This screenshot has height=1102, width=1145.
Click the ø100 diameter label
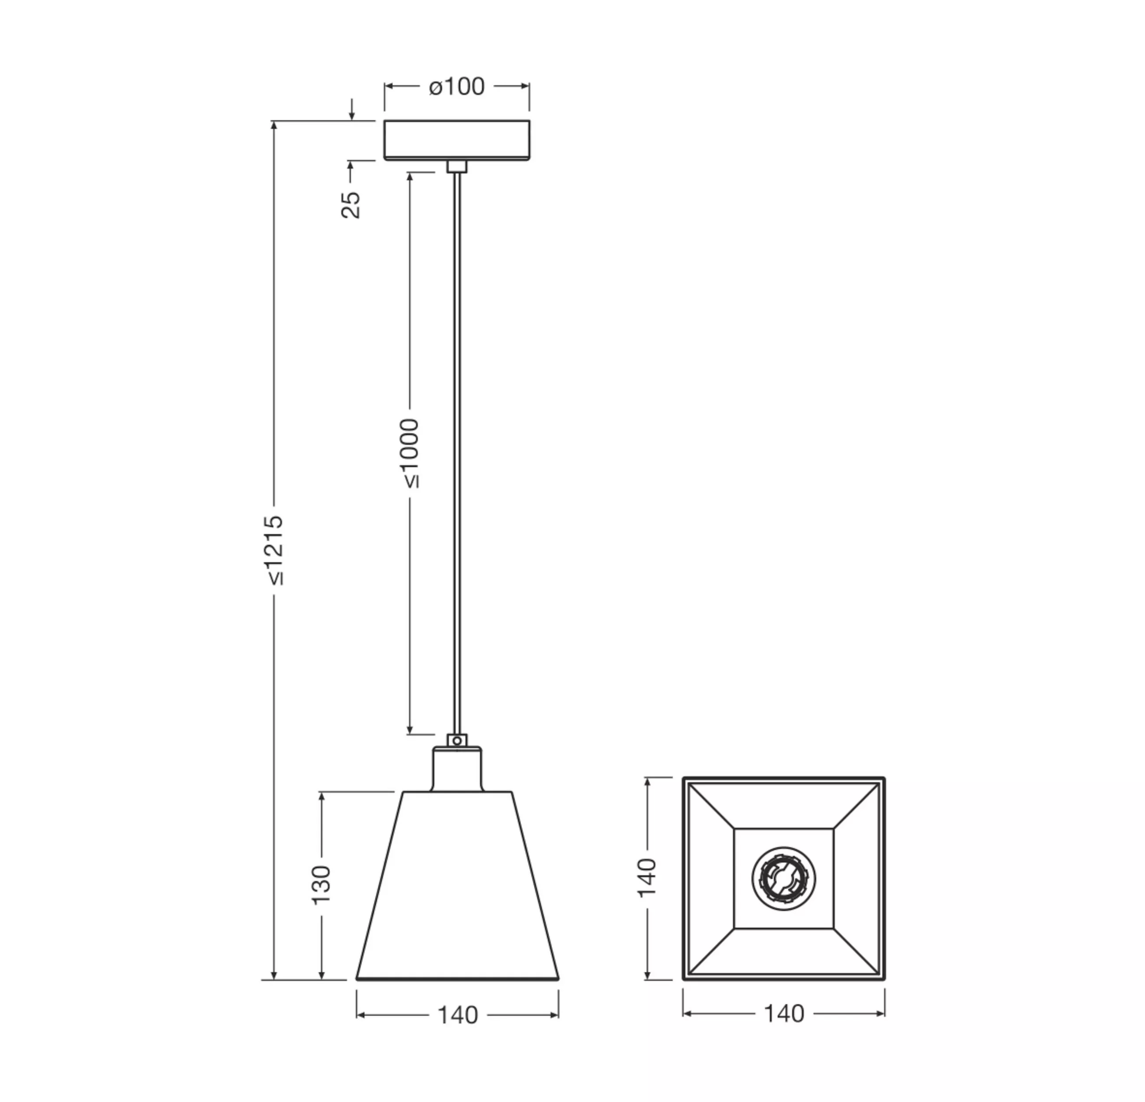point(457,86)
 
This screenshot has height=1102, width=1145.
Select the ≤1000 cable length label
point(410,453)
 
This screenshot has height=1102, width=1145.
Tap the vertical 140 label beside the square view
point(646,878)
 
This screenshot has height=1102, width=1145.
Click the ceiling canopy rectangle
point(457,140)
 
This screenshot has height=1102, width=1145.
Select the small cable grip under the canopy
point(457,166)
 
